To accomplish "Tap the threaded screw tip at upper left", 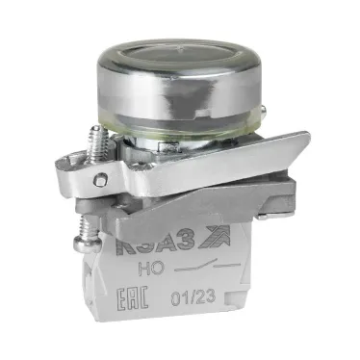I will pyautogui.click(x=96, y=145).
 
